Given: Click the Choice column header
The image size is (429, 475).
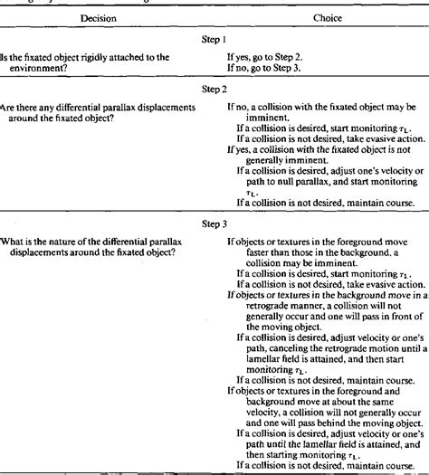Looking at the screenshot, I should tap(311, 16).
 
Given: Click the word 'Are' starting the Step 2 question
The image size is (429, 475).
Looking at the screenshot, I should tap(8, 107).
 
